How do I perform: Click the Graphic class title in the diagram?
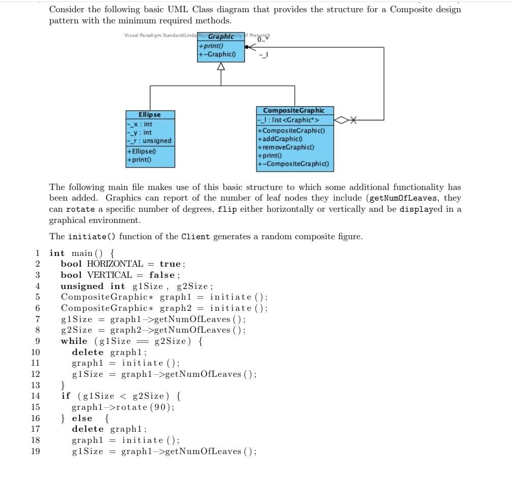(x=221, y=37)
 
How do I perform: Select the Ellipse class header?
(x=150, y=115)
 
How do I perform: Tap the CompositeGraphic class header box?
(x=295, y=110)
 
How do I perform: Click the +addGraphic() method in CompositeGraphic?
(x=281, y=139)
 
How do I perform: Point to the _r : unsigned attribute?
(x=150, y=141)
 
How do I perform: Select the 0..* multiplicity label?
(x=263, y=39)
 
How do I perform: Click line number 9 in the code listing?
(x=37, y=341)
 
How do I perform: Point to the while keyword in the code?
(x=74, y=341)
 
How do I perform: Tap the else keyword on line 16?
(x=82, y=419)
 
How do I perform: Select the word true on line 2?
(x=170, y=264)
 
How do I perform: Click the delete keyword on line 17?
(x=87, y=429)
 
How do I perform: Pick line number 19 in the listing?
(x=35, y=452)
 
